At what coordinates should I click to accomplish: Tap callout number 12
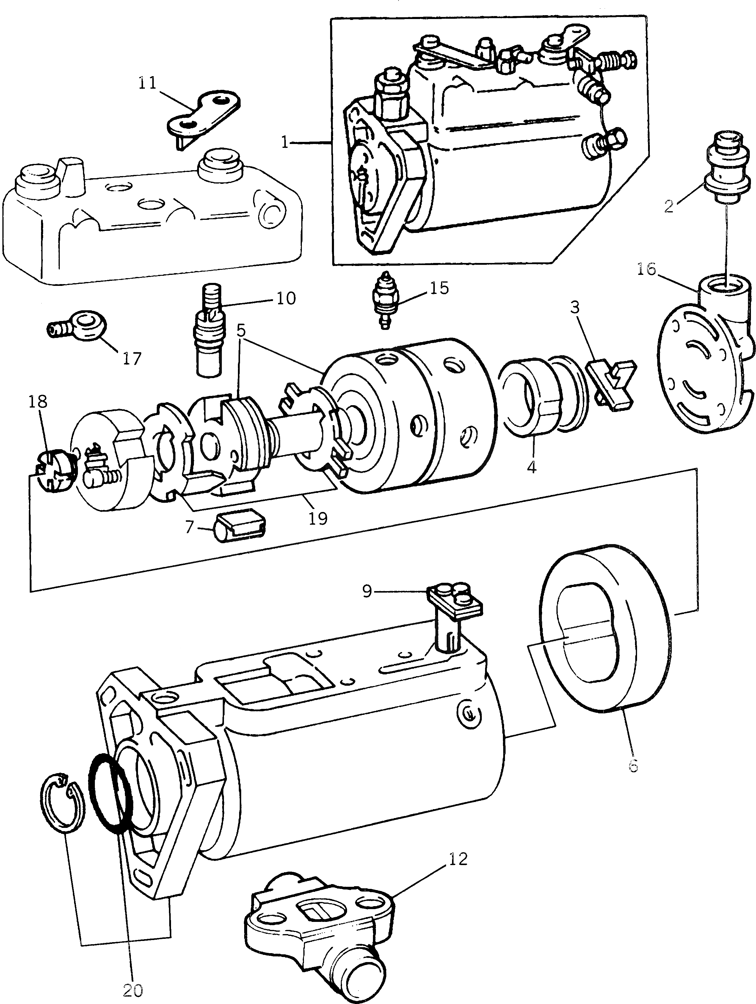point(458,860)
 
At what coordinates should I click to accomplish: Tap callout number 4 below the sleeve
point(532,466)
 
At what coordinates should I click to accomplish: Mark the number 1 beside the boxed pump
point(285,143)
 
